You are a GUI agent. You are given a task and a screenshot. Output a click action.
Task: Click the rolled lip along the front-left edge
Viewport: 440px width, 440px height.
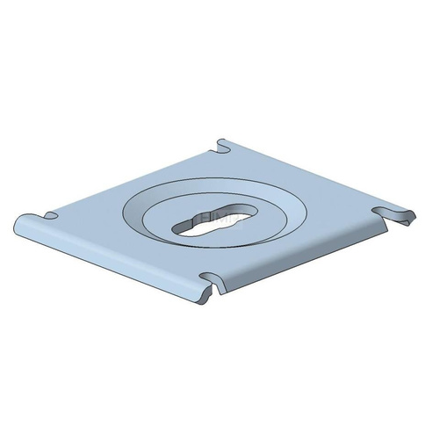(114, 255)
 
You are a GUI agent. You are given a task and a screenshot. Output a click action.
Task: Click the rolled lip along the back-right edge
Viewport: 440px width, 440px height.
(316, 176)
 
